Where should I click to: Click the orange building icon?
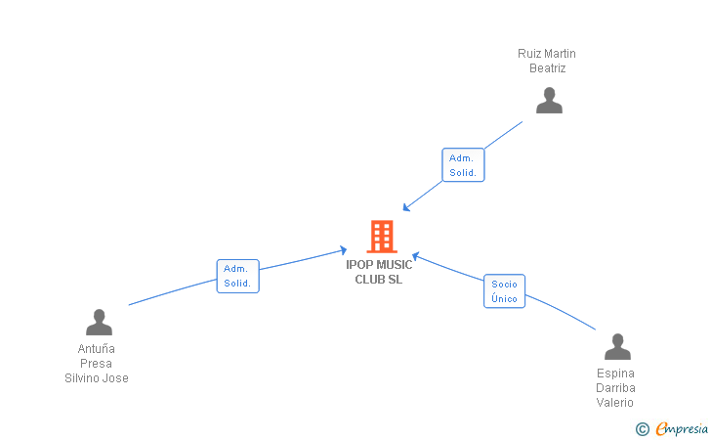coord(382,237)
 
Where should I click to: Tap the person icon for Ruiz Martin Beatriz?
coord(549,101)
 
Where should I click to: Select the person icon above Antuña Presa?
coord(99,323)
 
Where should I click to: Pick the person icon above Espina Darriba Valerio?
coord(617,346)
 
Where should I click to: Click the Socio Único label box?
coord(504,291)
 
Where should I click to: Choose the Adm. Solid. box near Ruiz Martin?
coord(463,165)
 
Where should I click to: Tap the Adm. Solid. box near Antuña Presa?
coord(237,276)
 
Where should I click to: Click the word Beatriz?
coord(547,68)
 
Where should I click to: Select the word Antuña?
coord(96,349)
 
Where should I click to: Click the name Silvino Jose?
coord(97,377)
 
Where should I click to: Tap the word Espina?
coord(615,374)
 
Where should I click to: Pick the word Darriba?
coord(615,388)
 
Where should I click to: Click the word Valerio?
coord(615,402)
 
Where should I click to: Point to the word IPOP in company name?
coord(359,265)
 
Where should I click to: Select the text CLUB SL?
coord(379,280)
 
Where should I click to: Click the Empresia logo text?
coord(682,428)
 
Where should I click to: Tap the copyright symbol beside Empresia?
coord(643,429)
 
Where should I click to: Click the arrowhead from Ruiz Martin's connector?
coord(406,207)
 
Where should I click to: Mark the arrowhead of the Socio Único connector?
coord(415,256)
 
